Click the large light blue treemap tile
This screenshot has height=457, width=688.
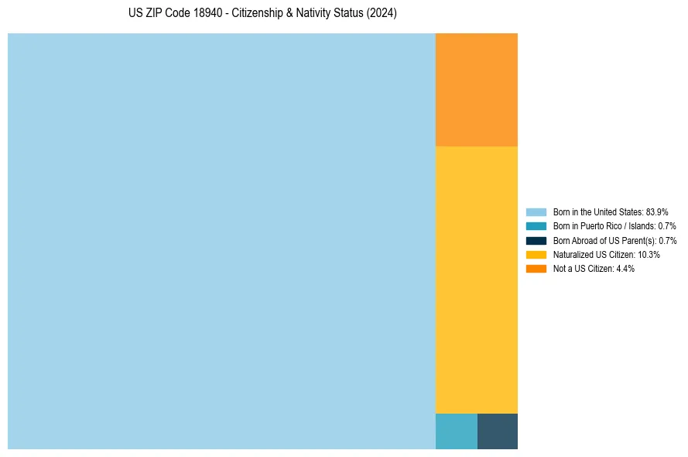(x=221, y=241)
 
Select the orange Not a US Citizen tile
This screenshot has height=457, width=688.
(x=477, y=90)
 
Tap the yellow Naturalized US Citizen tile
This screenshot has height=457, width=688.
(x=477, y=280)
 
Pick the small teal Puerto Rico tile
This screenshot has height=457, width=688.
(x=457, y=431)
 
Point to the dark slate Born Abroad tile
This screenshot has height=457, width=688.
(x=498, y=431)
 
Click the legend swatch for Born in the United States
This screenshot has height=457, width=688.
(x=536, y=211)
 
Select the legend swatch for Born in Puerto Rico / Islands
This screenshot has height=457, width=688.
(x=536, y=226)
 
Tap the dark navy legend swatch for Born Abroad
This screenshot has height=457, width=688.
(x=536, y=240)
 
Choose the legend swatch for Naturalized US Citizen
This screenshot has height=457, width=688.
(x=536, y=254)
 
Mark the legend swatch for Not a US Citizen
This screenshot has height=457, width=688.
(x=536, y=269)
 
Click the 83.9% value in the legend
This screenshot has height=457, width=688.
(x=657, y=211)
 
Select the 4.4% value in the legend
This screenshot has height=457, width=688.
(x=625, y=269)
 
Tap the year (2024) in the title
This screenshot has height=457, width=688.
(x=382, y=14)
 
